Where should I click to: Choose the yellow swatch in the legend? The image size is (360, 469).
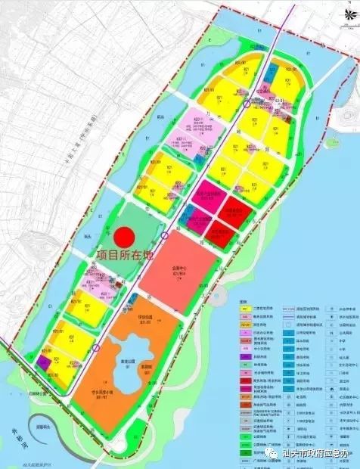244,308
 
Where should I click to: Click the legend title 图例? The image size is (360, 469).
243,300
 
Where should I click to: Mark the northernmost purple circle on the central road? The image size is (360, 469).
248,104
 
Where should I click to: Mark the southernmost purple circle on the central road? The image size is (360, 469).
98,349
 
